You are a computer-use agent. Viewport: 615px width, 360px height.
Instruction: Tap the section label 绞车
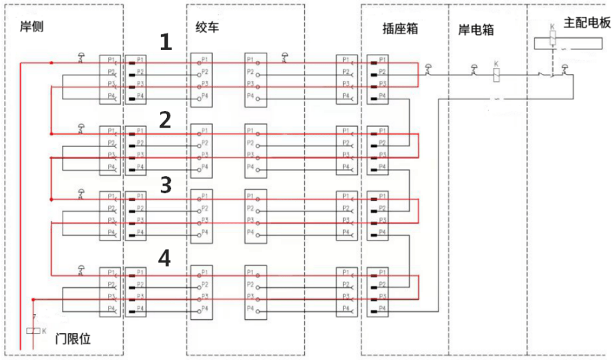coord(207,27)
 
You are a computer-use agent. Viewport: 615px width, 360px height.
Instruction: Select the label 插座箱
coord(400,29)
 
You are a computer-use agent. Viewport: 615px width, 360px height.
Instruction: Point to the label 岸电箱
coord(476,31)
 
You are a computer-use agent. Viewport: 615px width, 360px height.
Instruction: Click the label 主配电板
coord(587,22)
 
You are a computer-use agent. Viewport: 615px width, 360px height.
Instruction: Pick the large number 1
coord(165,43)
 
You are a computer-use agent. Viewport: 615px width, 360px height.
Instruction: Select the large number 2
coord(165,120)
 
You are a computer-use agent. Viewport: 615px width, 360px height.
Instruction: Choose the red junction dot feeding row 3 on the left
coord(51,199)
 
